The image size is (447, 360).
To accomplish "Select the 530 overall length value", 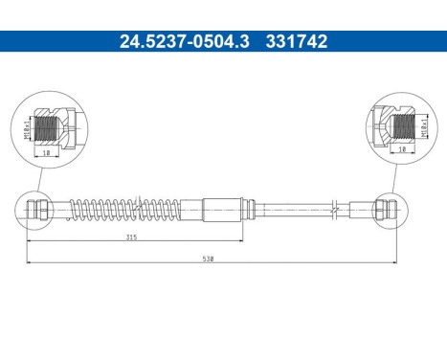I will pyautogui.click(x=208, y=259).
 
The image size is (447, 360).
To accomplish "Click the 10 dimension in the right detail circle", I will pyautogui.click(x=400, y=150).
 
